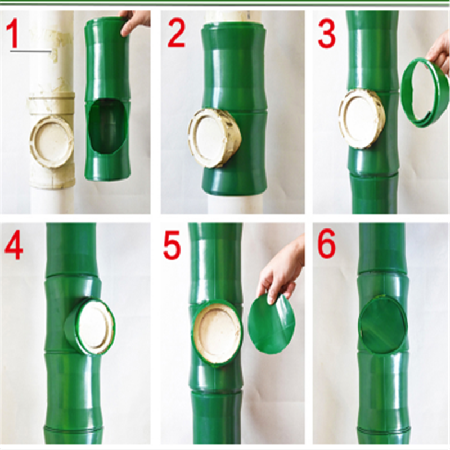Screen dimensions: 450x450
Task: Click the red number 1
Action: (12, 34)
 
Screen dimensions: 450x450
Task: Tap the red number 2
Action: (176, 34)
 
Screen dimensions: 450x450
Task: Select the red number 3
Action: (327, 34)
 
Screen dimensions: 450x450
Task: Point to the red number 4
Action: (13, 246)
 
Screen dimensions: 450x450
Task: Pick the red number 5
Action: (172, 246)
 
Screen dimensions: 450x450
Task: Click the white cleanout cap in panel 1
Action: (52, 142)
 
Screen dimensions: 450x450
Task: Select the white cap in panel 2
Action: (215, 138)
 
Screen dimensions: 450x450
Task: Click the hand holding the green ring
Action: (439, 55)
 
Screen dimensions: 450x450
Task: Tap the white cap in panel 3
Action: (362, 118)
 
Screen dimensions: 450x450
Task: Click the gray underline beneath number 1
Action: (31, 52)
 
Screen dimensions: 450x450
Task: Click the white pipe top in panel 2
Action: (235, 17)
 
